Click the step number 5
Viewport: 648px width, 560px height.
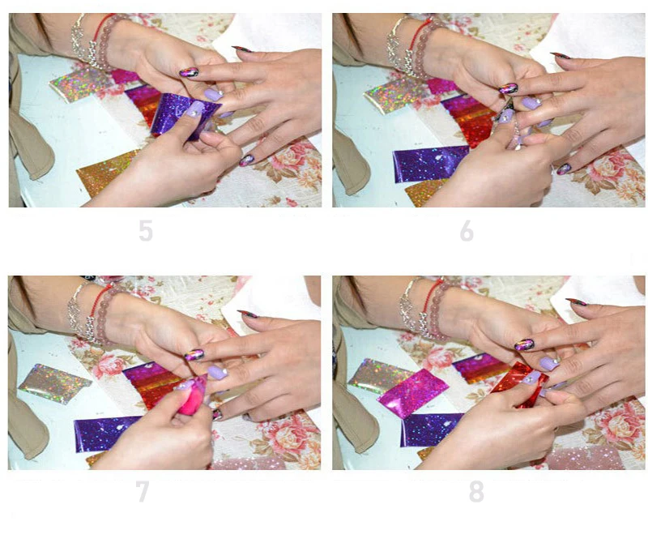click(x=146, y=230)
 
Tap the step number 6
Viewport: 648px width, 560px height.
click(x=467, y=230)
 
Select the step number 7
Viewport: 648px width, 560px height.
click(x=143, y=491)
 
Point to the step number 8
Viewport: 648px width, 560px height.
click(x=476, y=491)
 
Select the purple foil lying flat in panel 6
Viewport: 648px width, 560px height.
click(x=430, y=164)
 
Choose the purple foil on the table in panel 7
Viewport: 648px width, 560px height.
click(x=109, y=434)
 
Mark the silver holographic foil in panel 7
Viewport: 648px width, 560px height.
click(x=53, y=384)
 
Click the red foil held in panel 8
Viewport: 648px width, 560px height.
click(x=518, y=385)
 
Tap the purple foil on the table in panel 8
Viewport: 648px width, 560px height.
click(x=432, y=430)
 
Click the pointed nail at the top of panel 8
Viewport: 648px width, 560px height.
click(x=576, y=302)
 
